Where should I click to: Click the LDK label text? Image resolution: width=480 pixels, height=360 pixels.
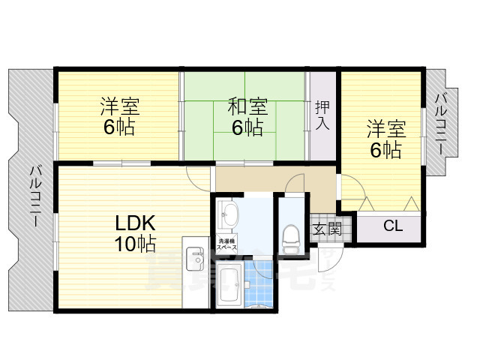coord(135,223)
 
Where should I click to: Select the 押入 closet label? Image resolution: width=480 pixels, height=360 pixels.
coord(322,115)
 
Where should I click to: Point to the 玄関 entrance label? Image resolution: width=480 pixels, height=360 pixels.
coord(328,229)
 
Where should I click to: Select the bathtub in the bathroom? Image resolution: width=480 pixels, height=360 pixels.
coord(229,284)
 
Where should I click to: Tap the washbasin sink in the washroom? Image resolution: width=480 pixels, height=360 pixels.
coord(229,217)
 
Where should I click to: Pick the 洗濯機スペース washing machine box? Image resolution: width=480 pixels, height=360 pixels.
coord(228,244)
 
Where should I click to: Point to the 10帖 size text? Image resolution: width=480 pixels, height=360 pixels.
coord(135,244)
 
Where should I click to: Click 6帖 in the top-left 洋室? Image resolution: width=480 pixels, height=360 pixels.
coord(119,127)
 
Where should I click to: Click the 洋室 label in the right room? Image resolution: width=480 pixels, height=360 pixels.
coord(385,128)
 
